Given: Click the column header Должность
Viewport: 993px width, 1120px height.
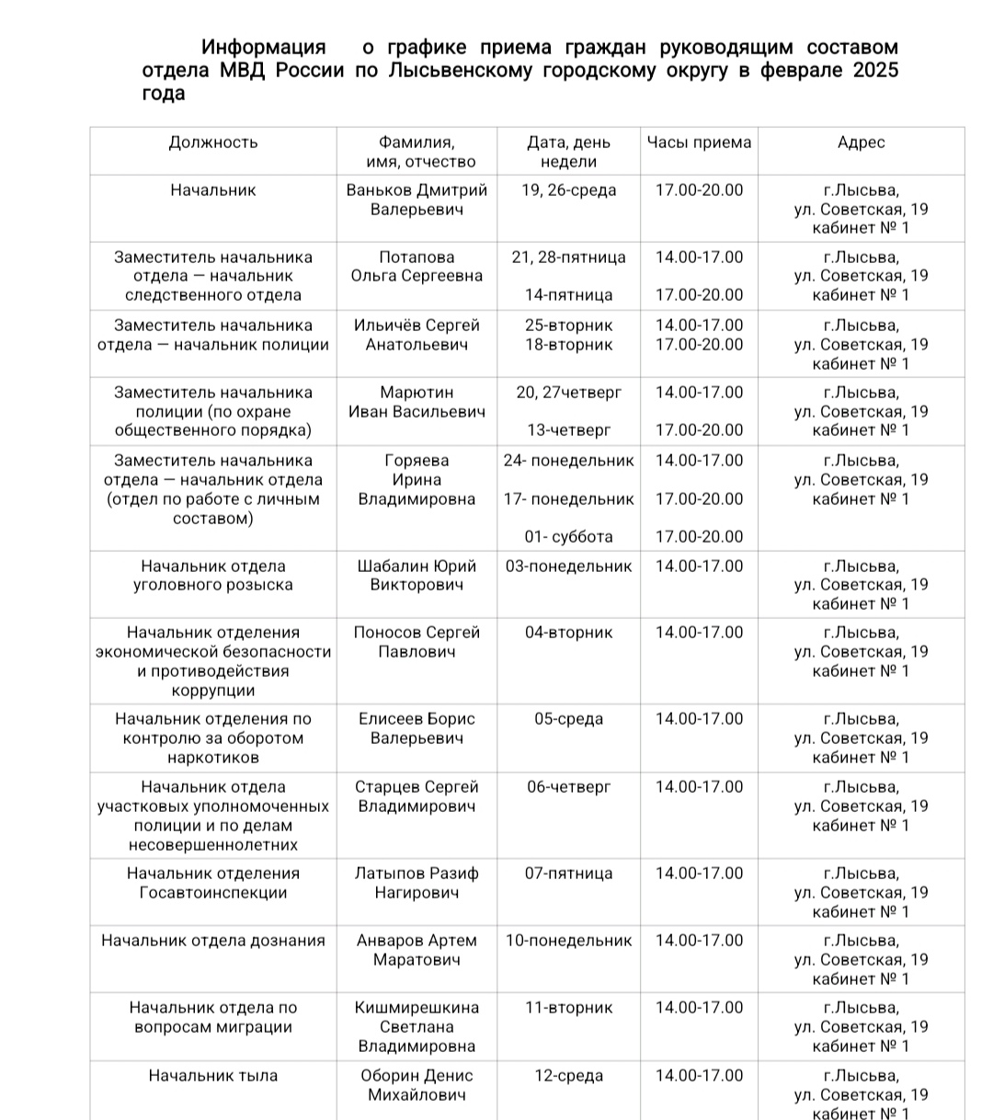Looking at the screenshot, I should pyautogui.click(x=213, y=143).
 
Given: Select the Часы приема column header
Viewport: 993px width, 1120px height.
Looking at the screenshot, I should pyautogui.click(x=699, y=143).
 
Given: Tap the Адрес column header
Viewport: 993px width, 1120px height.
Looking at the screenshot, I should pyautogui.click(x=862, y=143).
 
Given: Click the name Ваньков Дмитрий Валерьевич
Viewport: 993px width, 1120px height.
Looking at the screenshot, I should pyautogui.click(x=417, y=200).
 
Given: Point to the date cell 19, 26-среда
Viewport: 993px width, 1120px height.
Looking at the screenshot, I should pyautogui.click(x=568, y=190).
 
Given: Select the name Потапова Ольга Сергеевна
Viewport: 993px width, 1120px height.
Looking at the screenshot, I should pyautogui.click(x=417, y=267).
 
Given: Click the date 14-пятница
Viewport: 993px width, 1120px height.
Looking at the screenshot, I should pyautogui.click(x=568, y=295).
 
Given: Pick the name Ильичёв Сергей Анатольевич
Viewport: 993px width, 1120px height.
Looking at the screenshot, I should pyautogui.click(x=417, y=335).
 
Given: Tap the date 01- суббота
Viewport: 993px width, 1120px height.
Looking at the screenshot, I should pyautogui.click(x=568, y=537).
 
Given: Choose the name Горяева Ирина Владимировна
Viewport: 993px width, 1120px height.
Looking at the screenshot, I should pyautogui.click(x=417, y=480).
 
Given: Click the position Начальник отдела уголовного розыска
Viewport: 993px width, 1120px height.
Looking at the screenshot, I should pyautogui.click(x=213, y=576).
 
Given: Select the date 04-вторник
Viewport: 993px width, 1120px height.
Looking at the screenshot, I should pyautogui.click(x=568, y=633).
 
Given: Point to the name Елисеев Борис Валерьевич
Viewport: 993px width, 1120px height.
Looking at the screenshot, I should pyautogui.click(x=417, y=728).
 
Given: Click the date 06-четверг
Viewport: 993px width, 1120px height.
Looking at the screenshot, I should pyautogui.click(x=568, y=787).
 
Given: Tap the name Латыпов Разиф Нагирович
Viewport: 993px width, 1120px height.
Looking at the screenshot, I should pyautogui.click(x=417, y=883).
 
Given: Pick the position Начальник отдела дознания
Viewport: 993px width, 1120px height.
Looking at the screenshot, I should pyautogui.click(x=213, y=941).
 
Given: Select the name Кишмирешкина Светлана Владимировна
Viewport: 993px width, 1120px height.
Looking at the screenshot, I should pyautogui.click(x=417, y=1027).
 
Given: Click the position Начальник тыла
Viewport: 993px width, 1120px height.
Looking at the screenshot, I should pyautogui.click(x=213, y=1076).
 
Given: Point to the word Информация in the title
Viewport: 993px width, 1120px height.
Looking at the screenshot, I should pyautogui.click(x=263, y=47).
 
